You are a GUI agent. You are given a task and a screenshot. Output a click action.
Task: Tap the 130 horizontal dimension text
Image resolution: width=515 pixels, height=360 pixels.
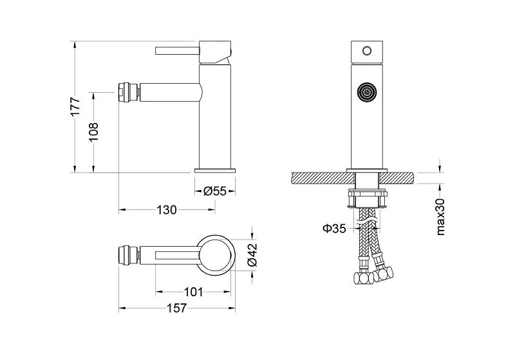(x=167, y=209)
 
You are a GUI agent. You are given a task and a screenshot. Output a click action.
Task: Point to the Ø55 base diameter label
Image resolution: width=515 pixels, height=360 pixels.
(x=215, y=191)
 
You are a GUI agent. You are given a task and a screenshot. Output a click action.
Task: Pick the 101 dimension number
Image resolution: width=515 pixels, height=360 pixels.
(x=193, y=292)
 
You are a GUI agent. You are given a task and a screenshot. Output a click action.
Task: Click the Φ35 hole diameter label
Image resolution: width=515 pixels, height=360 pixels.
(x=335, y=227)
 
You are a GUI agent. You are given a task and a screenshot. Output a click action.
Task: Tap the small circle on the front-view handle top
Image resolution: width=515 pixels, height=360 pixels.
(x=368, y=50)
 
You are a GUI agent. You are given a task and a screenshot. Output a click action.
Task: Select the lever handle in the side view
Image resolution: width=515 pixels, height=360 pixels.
(x=177, y=50)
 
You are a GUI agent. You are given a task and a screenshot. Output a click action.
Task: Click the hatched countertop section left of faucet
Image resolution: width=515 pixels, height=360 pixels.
(x=319, y=177)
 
